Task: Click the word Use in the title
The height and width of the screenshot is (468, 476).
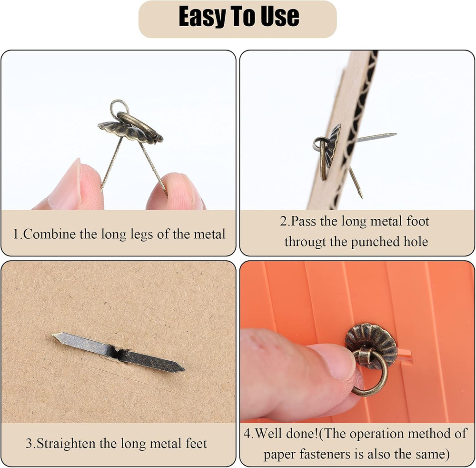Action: click(x=281, y=17)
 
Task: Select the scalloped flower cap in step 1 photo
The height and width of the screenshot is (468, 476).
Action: click(x=125, y=130)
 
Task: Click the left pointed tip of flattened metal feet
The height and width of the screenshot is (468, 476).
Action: click(x=56, y=336)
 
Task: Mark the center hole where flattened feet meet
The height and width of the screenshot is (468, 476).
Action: click(x=118, y=352)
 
